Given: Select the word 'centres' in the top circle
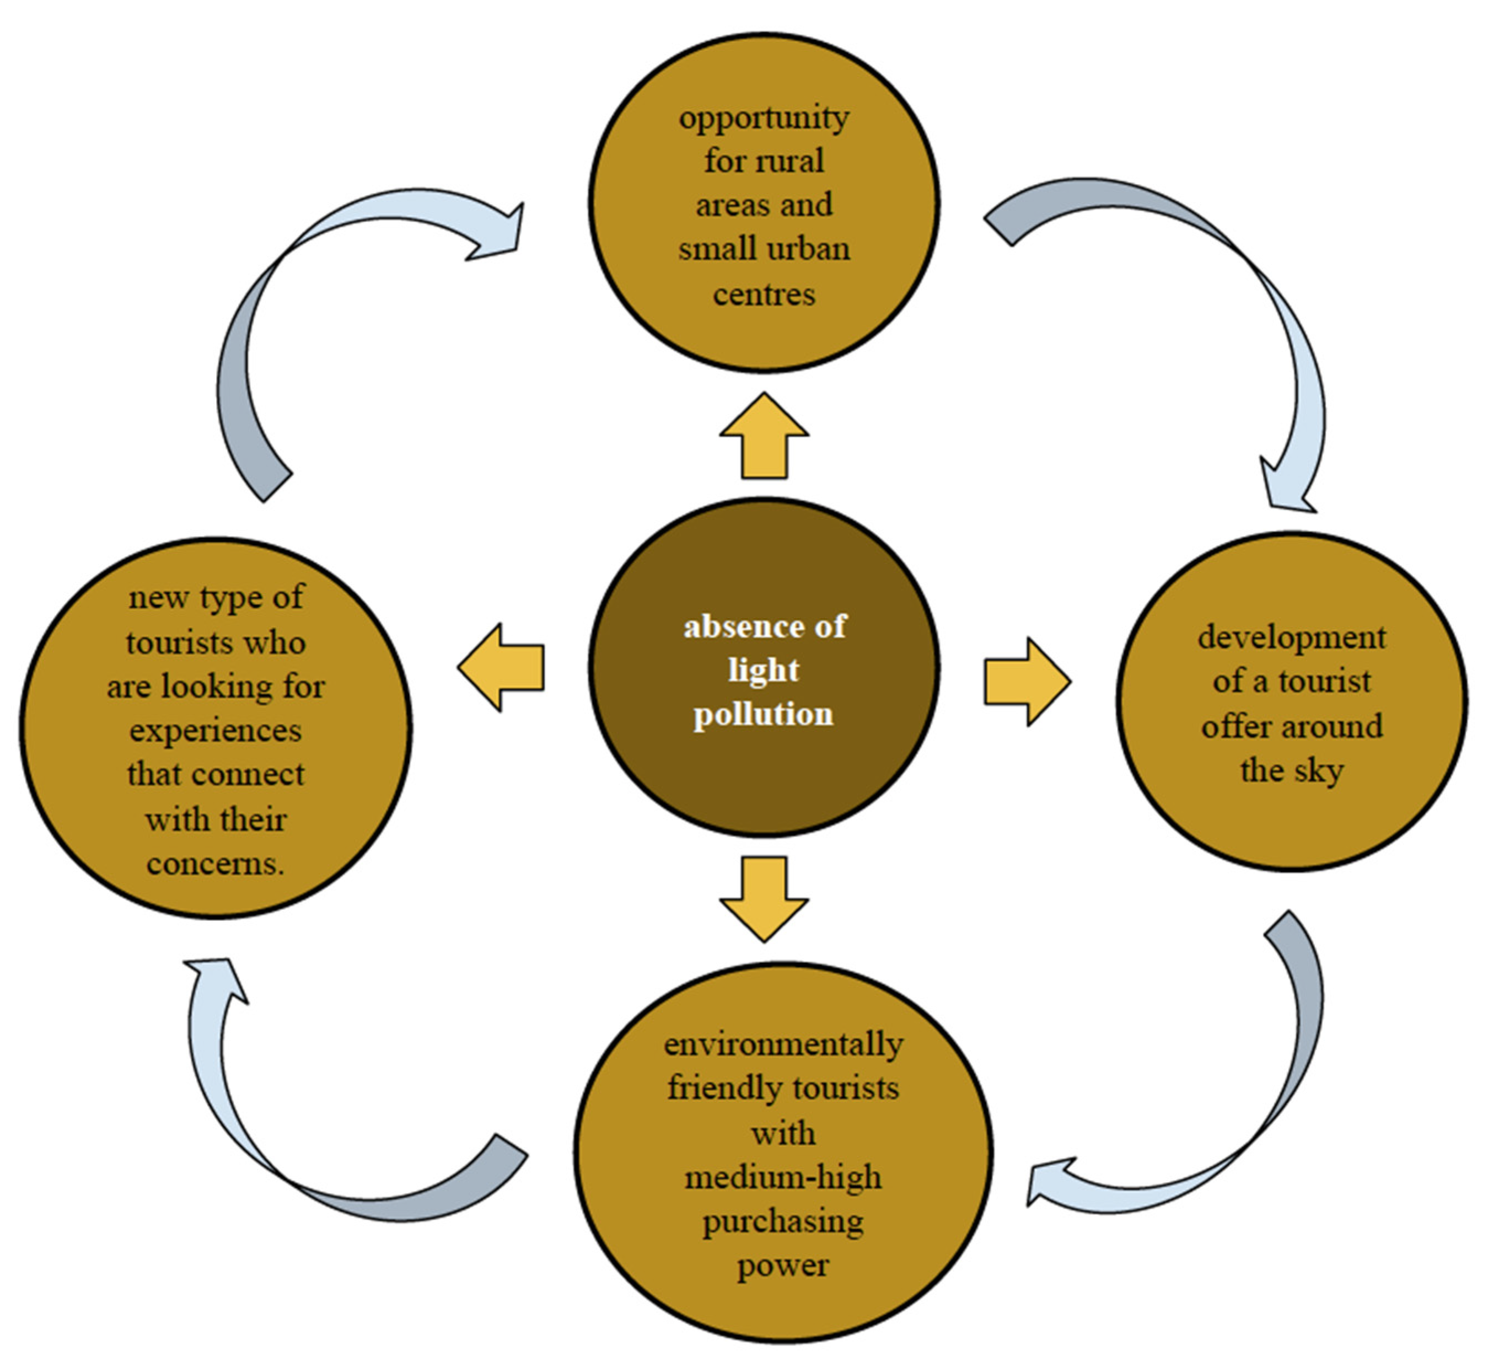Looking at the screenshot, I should click(x=764, y=294).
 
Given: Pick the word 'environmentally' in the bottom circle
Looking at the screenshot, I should click(x=783, y=1044).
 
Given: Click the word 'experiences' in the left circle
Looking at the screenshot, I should click(x=216, y=730).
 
